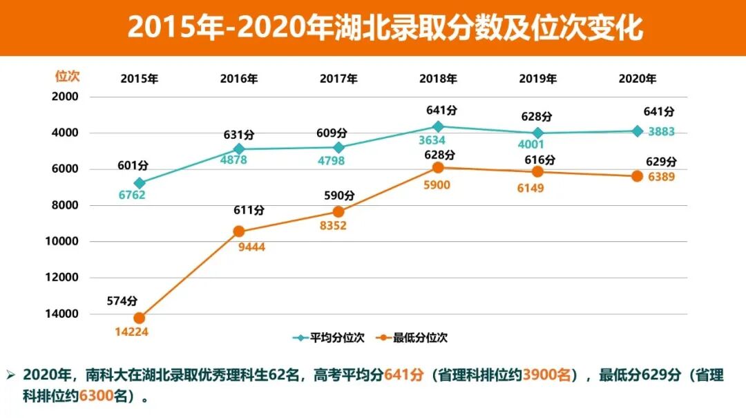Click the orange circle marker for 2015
coord(140,318)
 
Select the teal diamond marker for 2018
coord(438,126)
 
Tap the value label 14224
coord(131,332)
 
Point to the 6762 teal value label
coord(131,196)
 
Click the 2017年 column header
coord(338,79)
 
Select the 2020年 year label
coord(637,79)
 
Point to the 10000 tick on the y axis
coord(64,241)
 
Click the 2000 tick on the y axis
coord(67,97)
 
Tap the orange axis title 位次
coord(67,77)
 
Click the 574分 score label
coord(122,301)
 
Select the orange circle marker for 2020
coord(637,176)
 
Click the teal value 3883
coord(661,132)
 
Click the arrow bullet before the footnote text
coord(10,375)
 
